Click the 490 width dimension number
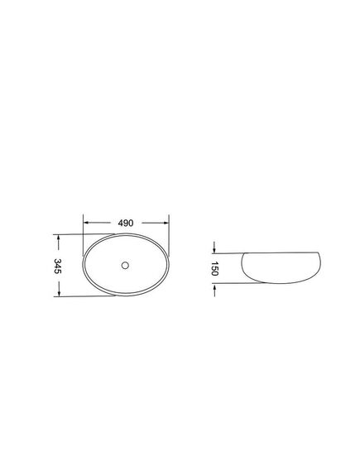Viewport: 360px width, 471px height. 126,223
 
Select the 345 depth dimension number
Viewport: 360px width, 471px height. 57,266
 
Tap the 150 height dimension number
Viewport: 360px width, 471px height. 215,268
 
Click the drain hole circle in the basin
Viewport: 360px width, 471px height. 125,265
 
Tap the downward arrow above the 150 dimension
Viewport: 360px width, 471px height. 214,247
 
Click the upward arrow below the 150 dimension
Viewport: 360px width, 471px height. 214,291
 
